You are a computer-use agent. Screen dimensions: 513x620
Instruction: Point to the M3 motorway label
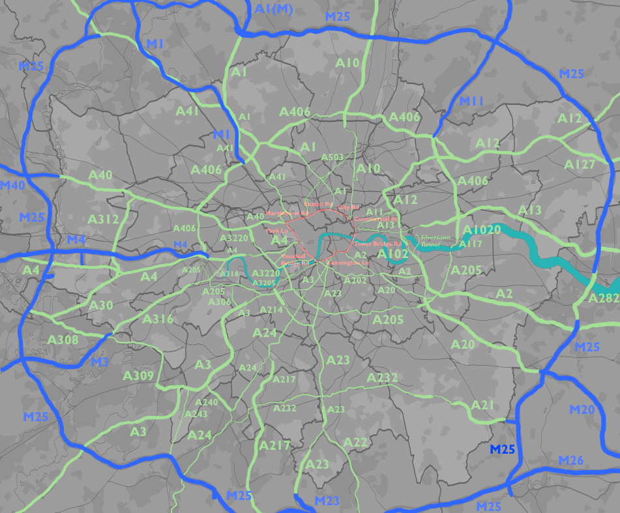pos(99,361)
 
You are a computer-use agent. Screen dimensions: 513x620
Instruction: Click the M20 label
pos(583,409)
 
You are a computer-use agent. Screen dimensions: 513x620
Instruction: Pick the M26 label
pos(571,461)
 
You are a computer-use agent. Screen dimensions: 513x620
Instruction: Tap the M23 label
pos(327,501)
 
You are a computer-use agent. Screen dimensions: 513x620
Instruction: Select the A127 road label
pos(580,164)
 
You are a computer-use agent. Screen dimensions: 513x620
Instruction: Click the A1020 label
pos(482,230)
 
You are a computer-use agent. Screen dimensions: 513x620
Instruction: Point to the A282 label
pos(602,299)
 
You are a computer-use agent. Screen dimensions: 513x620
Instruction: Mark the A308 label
pos(63,340)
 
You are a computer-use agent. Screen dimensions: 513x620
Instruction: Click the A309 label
pos(138,376)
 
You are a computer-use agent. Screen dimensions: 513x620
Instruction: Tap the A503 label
pos(332,158)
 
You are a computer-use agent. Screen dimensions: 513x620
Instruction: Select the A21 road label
pos(482,405)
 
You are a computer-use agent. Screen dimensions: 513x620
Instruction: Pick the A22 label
pos(356,443)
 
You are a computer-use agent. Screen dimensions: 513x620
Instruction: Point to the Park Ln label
pos(277,231)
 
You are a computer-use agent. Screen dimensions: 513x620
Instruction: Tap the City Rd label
pos(349,207)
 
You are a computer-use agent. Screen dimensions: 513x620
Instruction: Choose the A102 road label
pos(392,254)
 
